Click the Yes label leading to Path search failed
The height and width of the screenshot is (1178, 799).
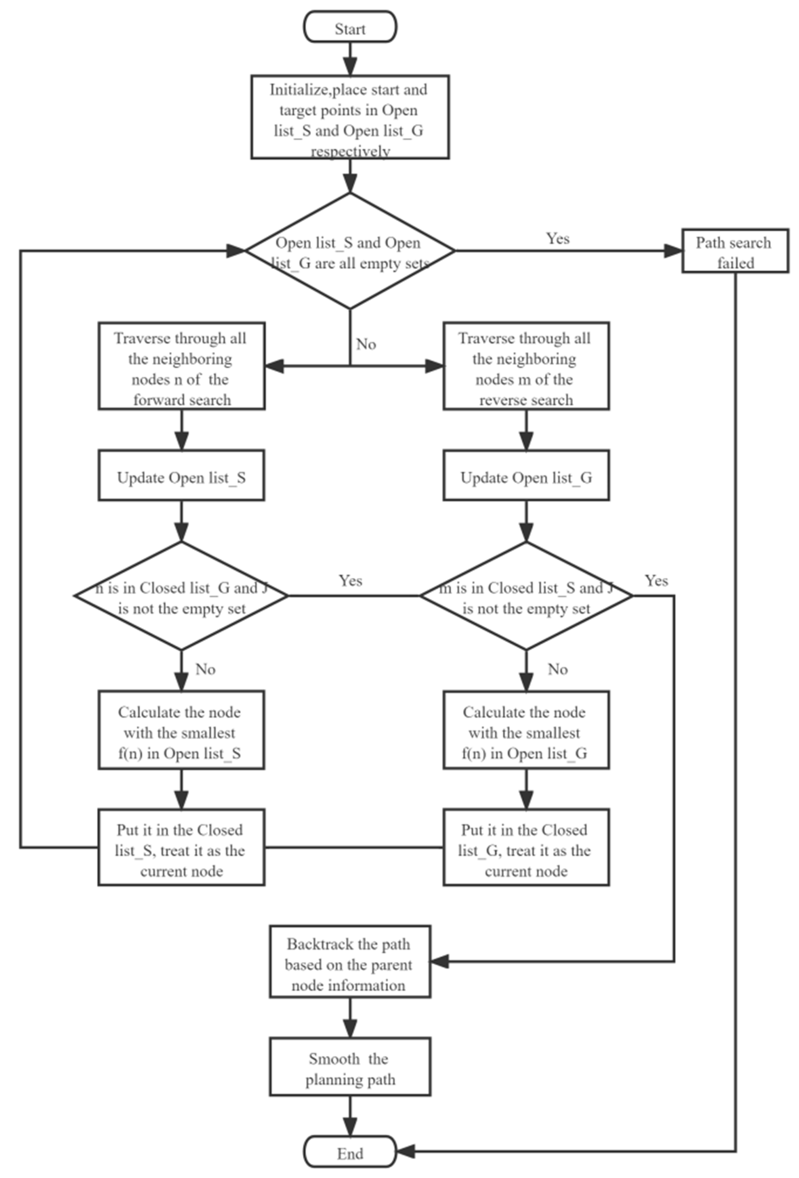(x=557, y=238)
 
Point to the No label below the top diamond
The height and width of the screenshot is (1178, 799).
(x=365, y=344)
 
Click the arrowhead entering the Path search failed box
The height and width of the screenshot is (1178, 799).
(x=673, y=251)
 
